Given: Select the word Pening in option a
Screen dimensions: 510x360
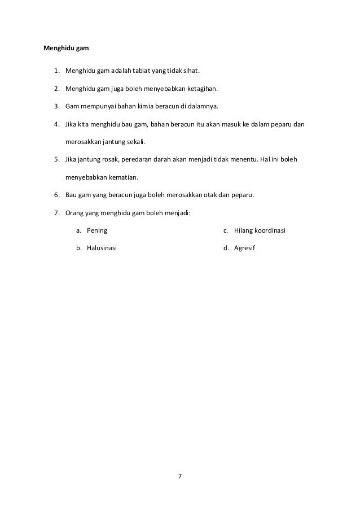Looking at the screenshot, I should (97, 230).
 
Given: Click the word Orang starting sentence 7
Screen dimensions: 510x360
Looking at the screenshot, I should (75, 213).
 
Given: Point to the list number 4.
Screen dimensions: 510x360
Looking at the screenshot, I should (57, 124).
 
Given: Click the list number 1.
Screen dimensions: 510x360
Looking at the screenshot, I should (57, 71).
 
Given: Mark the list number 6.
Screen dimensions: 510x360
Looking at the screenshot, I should (57, 195).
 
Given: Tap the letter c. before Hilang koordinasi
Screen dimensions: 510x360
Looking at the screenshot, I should (226, 230).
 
